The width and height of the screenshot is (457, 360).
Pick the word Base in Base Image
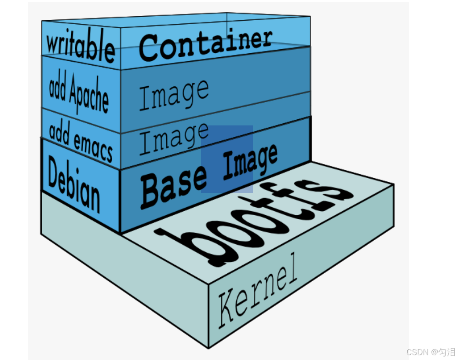tap(174, 185)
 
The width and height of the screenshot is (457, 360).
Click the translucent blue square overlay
tap(227, 159)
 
